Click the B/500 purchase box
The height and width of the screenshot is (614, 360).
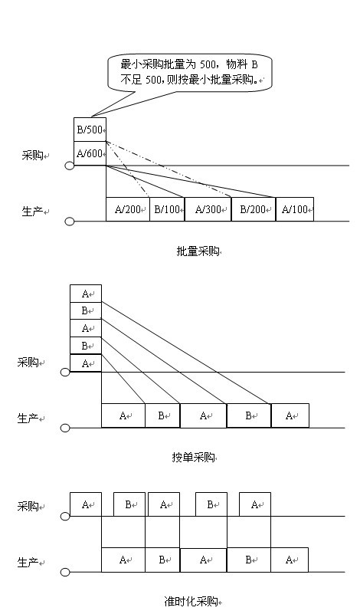coord(90,130)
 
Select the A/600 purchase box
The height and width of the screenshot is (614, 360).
coord(90,153)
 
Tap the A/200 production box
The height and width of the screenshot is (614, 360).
coord(128,209)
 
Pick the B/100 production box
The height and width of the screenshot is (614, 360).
coord(167,209)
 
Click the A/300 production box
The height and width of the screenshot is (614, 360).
coord(208,209)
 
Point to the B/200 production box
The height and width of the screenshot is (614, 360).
coord(254,209)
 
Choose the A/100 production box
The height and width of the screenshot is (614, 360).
coord(295,209)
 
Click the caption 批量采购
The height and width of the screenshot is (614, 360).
coord(198,251)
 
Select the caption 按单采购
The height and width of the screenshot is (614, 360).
coord(194,457)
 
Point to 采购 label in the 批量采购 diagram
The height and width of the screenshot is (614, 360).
coord(32,156)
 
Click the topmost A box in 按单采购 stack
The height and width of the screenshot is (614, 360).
coord(86,294)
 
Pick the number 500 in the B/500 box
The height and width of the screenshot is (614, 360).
coord(94,130)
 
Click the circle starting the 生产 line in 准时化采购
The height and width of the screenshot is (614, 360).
coord(65,572)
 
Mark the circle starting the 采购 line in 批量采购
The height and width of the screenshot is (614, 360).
coord(69,166)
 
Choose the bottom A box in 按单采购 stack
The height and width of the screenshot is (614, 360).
coord(86,363)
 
